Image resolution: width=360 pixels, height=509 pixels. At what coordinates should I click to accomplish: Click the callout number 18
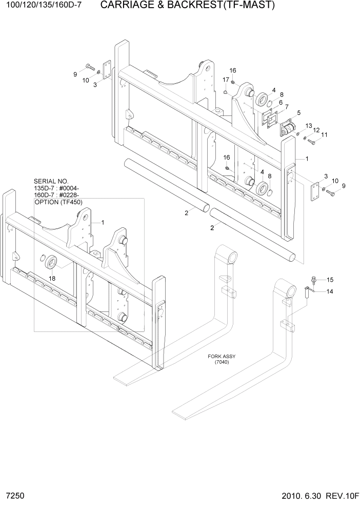[52, 278]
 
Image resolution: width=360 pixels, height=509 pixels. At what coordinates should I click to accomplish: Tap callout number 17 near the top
[226, 80]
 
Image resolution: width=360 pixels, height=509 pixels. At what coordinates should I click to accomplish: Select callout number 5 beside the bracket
[299, 112]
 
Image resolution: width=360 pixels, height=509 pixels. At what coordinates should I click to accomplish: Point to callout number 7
[287, 107]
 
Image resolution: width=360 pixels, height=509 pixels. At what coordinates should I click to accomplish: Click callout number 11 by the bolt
[324, 135]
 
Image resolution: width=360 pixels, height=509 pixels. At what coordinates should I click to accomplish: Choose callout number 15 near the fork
[330, 280]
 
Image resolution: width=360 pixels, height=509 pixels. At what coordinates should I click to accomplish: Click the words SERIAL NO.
[51, 181]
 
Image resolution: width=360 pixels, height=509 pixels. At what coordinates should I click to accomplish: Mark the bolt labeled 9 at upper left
[91, 67]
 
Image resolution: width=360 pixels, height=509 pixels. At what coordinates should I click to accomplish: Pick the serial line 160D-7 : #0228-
[56, 195]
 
